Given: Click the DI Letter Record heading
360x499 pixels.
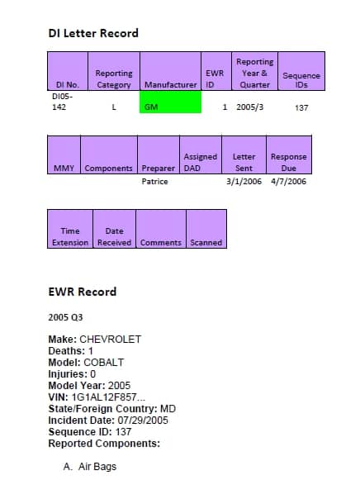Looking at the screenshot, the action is coord(93,33).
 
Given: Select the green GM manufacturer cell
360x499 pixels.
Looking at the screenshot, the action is coord(170,102).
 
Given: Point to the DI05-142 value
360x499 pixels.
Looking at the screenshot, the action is coord(62,102).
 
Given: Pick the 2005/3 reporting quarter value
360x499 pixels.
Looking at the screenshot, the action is coord(249,107).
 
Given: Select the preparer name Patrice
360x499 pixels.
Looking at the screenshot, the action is coord(154,182).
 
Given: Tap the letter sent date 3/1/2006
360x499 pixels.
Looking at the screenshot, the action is coord(244,182).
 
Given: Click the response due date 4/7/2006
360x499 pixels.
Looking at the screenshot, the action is coord(288,182).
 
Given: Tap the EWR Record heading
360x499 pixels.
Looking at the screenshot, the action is coord(83,292).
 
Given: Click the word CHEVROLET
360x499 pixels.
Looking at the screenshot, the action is coord(110,340).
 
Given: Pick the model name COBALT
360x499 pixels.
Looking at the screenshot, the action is coord(104,363).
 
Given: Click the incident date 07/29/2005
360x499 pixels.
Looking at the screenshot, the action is coord(143,421).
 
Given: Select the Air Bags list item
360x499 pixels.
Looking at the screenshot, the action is coord(90,467).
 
